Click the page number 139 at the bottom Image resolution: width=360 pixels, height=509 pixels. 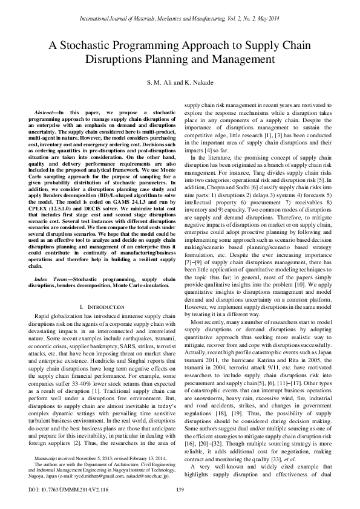point(180,489)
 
